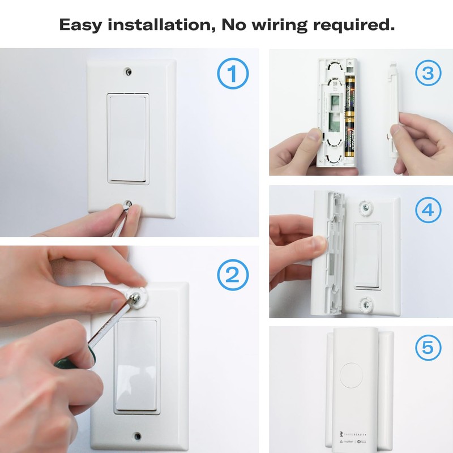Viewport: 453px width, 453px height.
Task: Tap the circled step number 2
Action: (233, 276)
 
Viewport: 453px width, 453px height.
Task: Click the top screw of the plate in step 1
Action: (130, 72)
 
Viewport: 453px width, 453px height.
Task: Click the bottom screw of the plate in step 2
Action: (137, 436)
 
